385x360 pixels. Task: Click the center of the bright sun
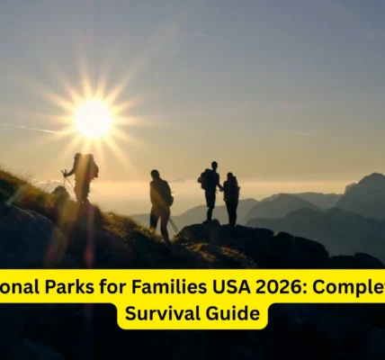point(94,118)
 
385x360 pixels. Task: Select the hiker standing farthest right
point(231,198)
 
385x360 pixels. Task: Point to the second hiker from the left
point(160,203)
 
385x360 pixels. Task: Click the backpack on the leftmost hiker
point(91,167)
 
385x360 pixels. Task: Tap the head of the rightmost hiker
point(230,176)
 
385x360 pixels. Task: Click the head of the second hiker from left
point(156,174)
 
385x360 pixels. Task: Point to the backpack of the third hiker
point(205,179)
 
